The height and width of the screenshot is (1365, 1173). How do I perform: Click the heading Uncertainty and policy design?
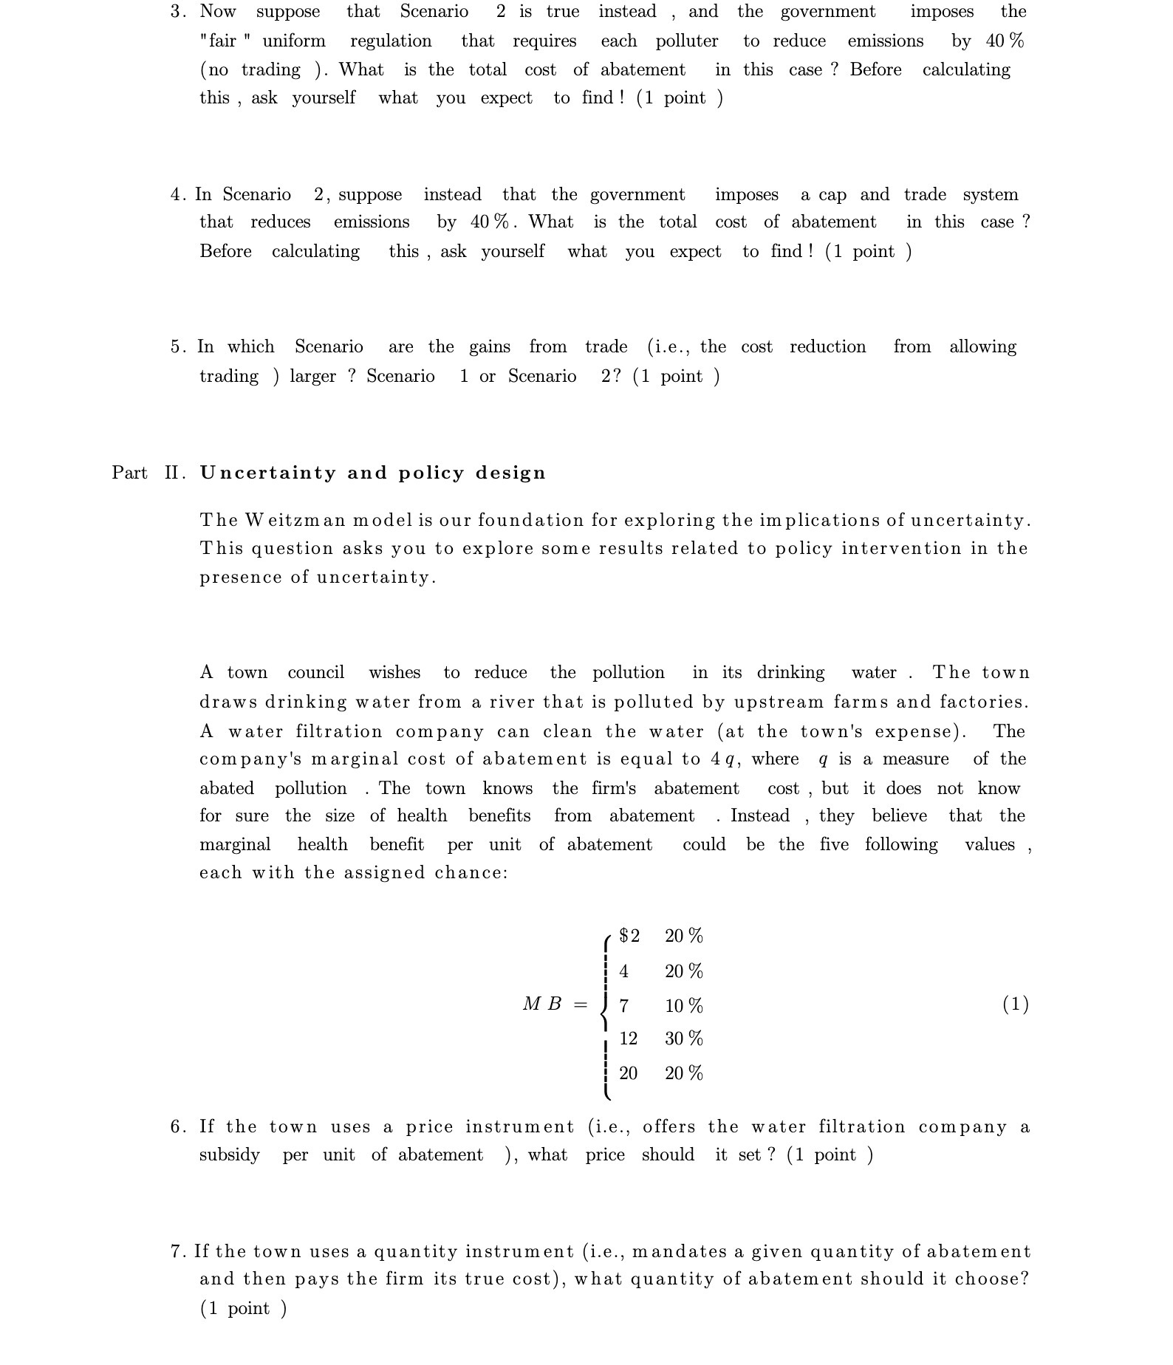372,473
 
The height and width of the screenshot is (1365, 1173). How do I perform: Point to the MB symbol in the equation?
542,1004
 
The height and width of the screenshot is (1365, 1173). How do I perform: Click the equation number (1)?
1015,1004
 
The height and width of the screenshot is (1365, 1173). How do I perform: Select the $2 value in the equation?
629,936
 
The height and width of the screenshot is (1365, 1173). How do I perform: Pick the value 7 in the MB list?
624,1005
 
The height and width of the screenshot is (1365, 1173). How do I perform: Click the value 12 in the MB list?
628,1039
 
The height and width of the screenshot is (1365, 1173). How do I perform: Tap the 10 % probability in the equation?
683,1005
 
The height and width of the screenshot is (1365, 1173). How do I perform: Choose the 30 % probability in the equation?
683,1039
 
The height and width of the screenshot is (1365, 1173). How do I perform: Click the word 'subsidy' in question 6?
229,1154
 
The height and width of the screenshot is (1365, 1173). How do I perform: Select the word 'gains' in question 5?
490,347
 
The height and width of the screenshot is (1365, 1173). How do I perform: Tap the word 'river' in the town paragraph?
510,702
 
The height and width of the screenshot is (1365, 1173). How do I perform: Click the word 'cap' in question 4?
832,195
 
